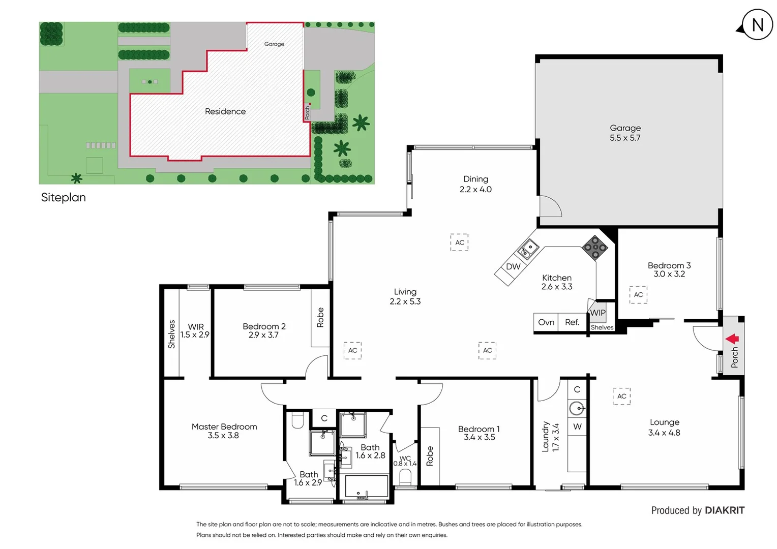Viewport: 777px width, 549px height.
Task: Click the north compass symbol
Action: pos(757,24)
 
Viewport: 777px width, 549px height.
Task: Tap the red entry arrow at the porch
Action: pos(732,339)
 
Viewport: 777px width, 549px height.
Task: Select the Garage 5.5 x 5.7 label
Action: pos(625,133)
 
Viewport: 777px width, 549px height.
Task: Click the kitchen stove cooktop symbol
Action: pos(595,248)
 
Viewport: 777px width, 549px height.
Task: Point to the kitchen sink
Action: pos(528,249)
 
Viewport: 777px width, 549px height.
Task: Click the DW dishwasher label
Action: pos(513,267)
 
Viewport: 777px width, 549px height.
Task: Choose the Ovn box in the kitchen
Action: pos(546,322)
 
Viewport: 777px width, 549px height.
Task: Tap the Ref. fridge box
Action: pos(572,322)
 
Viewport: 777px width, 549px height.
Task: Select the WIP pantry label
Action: pos(598,313)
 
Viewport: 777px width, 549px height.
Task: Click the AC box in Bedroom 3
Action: pos(638,295)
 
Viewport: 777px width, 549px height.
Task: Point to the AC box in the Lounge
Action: pos(621,396)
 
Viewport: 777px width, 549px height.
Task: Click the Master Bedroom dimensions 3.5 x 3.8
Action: pos(223,436)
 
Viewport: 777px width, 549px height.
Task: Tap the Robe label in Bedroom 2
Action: pos(320,317)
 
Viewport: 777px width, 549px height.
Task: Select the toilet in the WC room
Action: pos(405,477)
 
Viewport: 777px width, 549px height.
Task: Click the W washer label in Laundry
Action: pos(577,426)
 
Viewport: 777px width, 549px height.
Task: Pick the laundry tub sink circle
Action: pos(577,408)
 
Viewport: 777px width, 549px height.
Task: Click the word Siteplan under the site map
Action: pos(64,197)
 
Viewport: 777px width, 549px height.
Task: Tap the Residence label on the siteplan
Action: pos(225,111)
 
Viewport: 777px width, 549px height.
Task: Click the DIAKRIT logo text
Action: pos(725,510)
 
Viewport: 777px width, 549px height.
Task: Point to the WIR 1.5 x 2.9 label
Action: pos(195,330)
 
